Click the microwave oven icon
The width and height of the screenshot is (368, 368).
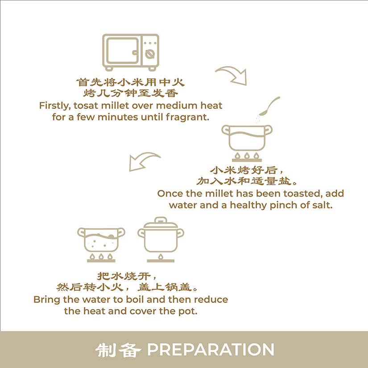coord(131,52)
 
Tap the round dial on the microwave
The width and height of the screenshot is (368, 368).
coord(150,54)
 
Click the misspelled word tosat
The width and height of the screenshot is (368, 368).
coord(86,106)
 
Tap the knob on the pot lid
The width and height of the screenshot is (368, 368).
coord(161,220)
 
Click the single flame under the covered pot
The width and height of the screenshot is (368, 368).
coord(161,257)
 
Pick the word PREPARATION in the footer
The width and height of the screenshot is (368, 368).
coord(211,350)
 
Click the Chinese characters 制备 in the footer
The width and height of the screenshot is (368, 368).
coord(118,350)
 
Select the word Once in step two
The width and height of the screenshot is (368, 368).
coord(170,194)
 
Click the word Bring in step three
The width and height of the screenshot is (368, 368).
coord(47,300)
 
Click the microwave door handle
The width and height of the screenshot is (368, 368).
coord(135,53)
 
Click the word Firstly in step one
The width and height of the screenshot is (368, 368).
coord(55,106)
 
